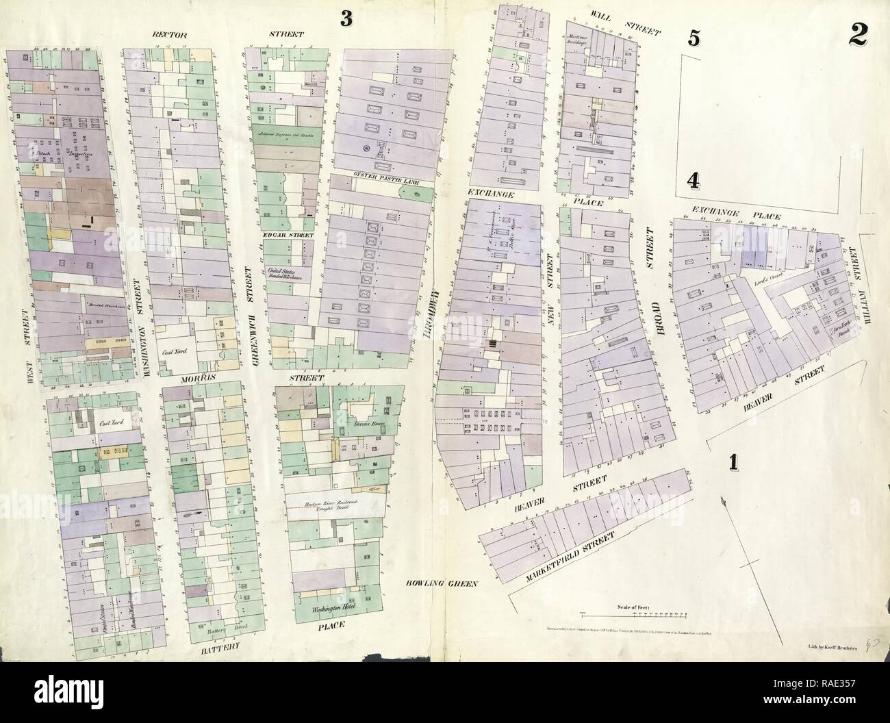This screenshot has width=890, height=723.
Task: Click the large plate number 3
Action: (346, 20)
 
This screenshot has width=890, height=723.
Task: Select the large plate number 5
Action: (694, 39)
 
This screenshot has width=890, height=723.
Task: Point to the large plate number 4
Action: (694, 180)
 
